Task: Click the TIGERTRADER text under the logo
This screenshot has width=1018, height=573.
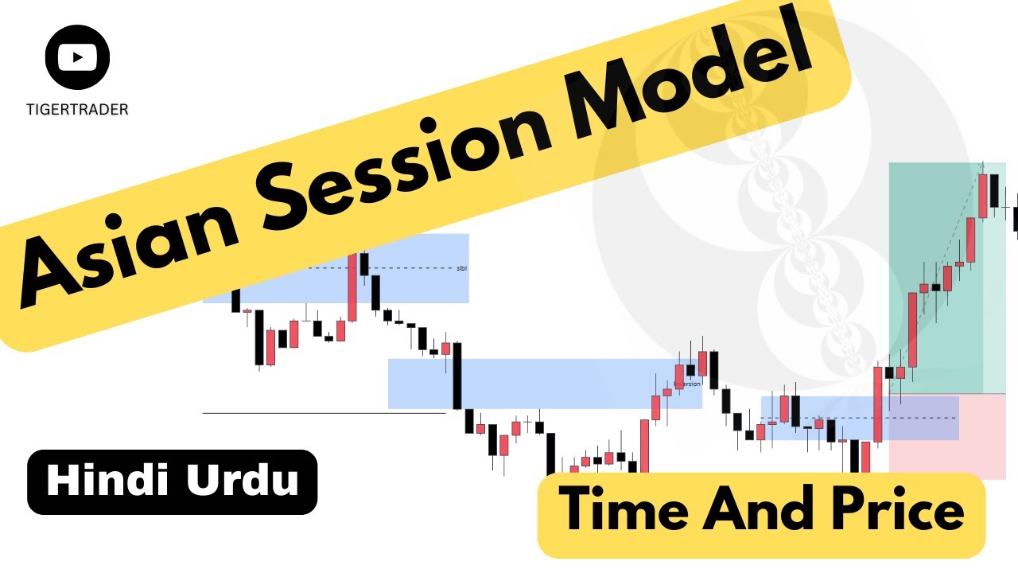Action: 77,110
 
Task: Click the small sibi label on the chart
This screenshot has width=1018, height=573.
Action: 462,268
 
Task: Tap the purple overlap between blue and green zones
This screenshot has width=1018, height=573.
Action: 923,418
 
